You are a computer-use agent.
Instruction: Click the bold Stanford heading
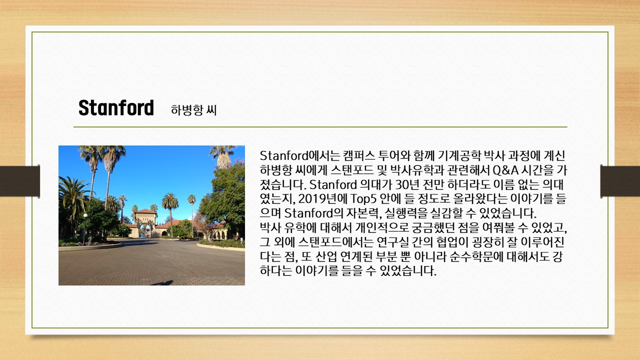coord(116,107)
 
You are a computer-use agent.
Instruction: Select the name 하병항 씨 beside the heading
coord(193,110)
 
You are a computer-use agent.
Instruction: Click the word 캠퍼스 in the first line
coord(358,156)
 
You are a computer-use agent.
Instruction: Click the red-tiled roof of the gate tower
coord(145,211)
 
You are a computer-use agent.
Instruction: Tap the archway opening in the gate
coord(145,230)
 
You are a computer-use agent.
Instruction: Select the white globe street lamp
coord(85,215)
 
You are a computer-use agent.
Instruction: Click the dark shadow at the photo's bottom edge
coord(162,283)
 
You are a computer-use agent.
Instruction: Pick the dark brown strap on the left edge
coord(19,181)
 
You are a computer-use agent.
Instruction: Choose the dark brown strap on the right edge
coord(620,181)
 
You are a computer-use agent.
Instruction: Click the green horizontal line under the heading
coord(320,126)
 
